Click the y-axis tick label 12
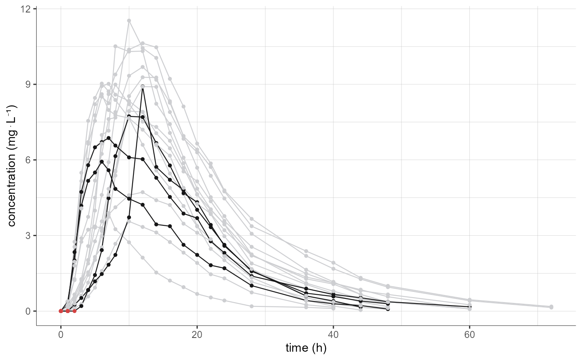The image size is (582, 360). pyautogui.click(x=27, y=9)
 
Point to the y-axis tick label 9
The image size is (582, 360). pyautogui.click(x=30, y=84)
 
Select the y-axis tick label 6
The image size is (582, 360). pyautogui.click(x=30, y=160)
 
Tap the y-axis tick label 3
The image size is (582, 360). pyautogui.click(x=30, y=235)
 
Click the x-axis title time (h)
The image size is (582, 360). pyautogui.click(x=306, y=348)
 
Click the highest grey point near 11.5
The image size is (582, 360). pyautogui.click(x=129, y=20)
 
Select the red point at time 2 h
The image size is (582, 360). pyautogui.click(x=74, y=311)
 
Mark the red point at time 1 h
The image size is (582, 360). pyautogui.click(x=68, y=311)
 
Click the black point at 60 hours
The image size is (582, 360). pyautogui.click(x=470, y=307)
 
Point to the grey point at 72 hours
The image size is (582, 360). pyautogui.click(x=551, y=307)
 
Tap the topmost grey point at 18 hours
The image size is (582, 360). pyautogui.click(x=183, y=106)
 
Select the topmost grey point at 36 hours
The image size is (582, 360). pyautogui.click(x=306, y=251)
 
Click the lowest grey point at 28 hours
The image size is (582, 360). pyautogui.click(x=252, y=306)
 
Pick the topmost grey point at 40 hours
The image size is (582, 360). pyautogui.click(x=333, y=263)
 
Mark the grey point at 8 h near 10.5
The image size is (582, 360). pyautogui.click(x=115, y=46)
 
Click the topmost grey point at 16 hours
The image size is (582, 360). pyautogui.click(x=170, y=79)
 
